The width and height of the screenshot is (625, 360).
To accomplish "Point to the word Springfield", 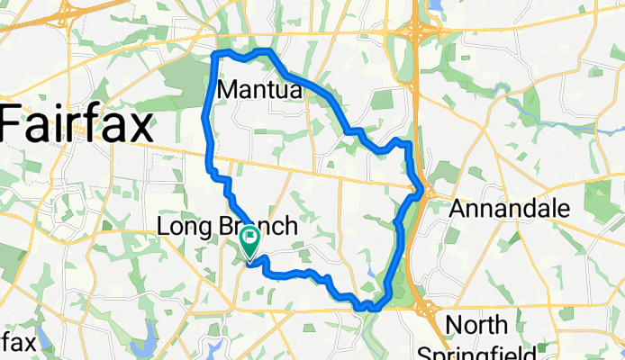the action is (x=477, y=352).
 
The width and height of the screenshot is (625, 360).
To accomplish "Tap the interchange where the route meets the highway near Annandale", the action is (x=421, y=191).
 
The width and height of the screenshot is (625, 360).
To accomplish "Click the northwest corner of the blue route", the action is (x=214, y=56).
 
